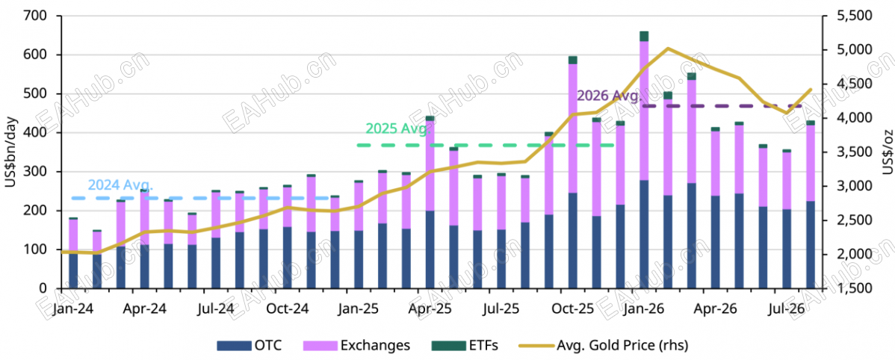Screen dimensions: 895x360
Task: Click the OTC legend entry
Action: coord(249,344)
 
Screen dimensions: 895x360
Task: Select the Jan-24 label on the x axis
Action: coord(74,308)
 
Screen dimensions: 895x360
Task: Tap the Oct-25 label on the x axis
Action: coord(573,308)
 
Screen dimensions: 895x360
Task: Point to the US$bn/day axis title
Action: coord(11,152)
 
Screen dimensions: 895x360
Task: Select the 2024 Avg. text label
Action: coord(120,184)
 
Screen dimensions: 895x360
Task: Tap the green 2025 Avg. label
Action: coord(398,128)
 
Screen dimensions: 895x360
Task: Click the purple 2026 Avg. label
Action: coord(609,96)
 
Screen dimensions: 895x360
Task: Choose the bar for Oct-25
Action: coord(572,173)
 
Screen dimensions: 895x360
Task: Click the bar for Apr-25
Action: coord(430,202)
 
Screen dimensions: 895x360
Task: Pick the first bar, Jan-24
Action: coord(73,252)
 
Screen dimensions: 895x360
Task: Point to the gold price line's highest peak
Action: coord(667,49)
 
